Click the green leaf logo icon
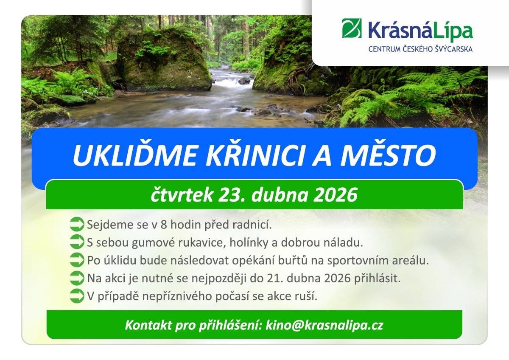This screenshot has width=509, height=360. [352, 28]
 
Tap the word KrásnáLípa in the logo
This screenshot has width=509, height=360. [420, 31]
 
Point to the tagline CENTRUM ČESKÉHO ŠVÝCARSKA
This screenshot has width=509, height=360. [420, 50]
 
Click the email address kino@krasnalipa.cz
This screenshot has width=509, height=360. [324, 326]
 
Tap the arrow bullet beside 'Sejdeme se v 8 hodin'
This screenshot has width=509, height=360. [77, 225]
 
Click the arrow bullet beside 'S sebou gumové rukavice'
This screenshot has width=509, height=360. [77, 242]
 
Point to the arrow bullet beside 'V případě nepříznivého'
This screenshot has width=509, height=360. [77, 296]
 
